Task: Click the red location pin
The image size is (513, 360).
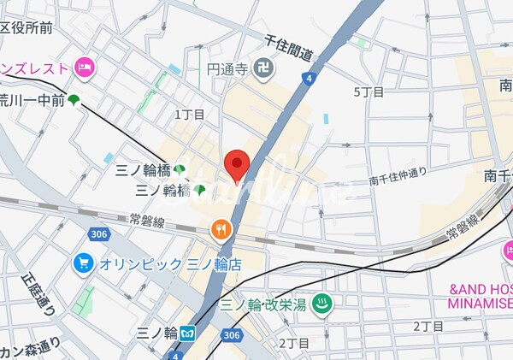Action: pos(236,162)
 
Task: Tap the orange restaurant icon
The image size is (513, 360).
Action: pos(221,228)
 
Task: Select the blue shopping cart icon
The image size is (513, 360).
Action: pos(83,263)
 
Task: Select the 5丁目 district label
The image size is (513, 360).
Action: pos(369,91)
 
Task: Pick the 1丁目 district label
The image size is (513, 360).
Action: pos(190,114)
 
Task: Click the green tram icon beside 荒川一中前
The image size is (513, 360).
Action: pos(74,100)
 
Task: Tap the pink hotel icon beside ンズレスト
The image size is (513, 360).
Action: pos(84,66)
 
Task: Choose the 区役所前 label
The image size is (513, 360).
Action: pos(26,28)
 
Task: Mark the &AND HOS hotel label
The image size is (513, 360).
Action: pos(480,290)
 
